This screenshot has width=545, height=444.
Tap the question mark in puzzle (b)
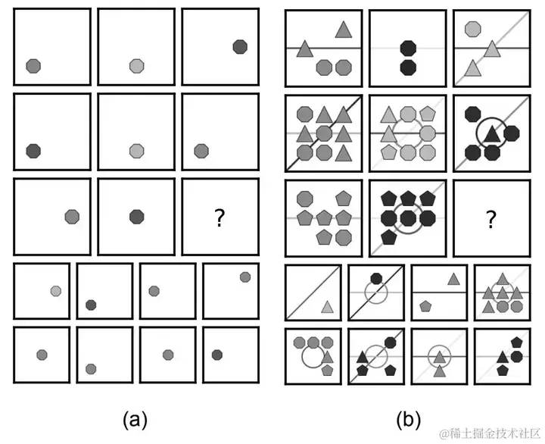(x=490, y=220)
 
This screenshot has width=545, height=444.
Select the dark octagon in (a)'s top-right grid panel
(x=240, y=47)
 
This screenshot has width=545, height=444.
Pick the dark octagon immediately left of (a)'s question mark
(x=136, y=217)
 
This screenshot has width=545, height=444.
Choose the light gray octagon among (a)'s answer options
(x=56, y=291)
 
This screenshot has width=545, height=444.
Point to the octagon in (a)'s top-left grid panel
(x=33, y=66)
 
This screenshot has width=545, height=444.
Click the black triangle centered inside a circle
(x=491, y=135)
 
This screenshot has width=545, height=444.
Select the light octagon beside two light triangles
(x=473, y=29)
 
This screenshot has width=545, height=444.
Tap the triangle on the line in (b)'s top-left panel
(x=305, y=49)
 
